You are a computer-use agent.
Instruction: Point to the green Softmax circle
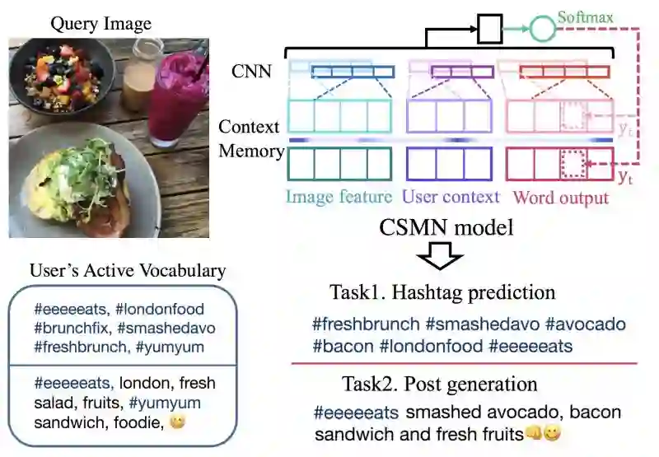pos(541,30)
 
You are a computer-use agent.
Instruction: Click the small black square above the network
pos(489,31)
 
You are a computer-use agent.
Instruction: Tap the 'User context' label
pos(451,197)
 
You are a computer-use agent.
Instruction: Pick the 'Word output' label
pos(560,198)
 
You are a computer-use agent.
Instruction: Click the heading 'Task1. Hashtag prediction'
pos(442,292)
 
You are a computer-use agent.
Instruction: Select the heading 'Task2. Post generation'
pos(440,385)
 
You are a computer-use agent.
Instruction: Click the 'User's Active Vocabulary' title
pos(128,270)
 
